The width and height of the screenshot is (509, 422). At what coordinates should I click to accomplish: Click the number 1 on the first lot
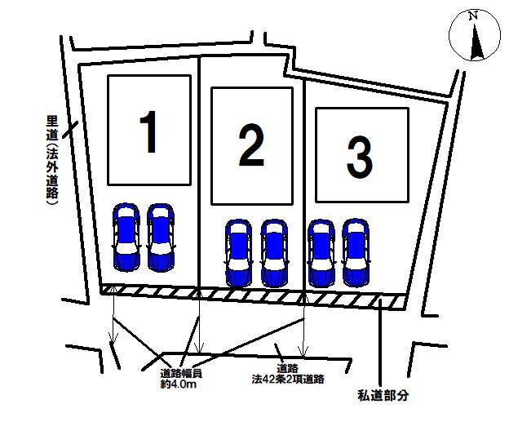coord(148,131)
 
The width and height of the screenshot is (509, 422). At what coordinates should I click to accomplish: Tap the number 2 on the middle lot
coord(251,146)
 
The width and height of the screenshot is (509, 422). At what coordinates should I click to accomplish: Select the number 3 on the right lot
coord(360,158)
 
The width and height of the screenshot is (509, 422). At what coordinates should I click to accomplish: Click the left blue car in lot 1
coord(126,238)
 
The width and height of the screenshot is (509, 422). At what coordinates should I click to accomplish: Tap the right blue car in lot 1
coord(161,238)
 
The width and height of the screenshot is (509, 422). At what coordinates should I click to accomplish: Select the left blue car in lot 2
coord(238,253)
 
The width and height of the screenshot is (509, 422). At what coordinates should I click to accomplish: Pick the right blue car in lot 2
coord(274,253)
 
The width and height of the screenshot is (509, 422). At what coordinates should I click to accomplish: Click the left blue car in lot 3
coord(321,253)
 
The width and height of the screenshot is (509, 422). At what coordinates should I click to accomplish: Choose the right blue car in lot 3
coord(356,253)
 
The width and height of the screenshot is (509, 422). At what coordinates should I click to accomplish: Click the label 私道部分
coord(383,395)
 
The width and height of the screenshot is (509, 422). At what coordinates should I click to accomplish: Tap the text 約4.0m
coord(178,384)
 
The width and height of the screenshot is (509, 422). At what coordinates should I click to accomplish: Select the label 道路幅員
coord(181,373)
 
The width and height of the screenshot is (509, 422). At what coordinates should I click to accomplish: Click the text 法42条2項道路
coord(288,379)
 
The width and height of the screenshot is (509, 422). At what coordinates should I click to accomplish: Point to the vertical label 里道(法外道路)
coord(52,160)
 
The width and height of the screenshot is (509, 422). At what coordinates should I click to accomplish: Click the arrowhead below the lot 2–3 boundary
coord(303,351)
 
